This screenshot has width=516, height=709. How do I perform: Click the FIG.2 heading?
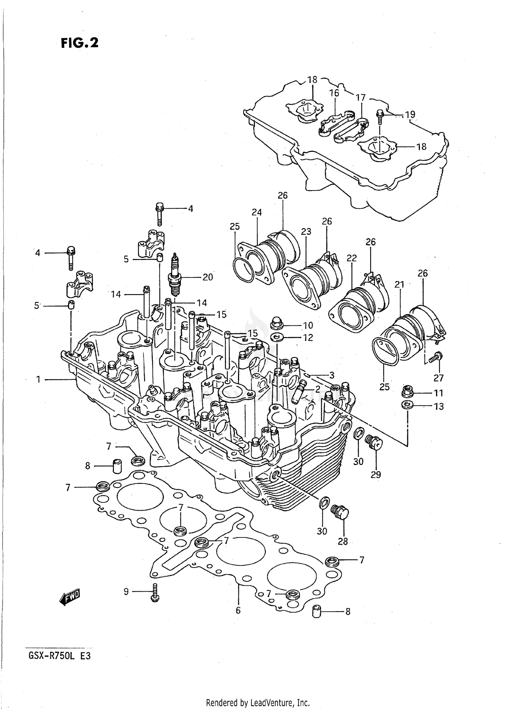coord(79,43)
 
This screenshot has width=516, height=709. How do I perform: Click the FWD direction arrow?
coord(70,597)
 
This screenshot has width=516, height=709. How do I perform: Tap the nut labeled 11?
coord(407,392)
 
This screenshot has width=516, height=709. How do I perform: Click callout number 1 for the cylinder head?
coord(39,379)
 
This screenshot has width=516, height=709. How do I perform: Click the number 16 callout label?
coord(334,93)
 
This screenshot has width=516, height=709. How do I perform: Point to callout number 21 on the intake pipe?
coord(399,284)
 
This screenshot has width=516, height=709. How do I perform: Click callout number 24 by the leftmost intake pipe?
coord(257,212)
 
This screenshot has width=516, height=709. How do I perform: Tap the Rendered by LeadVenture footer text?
coord(258,702)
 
